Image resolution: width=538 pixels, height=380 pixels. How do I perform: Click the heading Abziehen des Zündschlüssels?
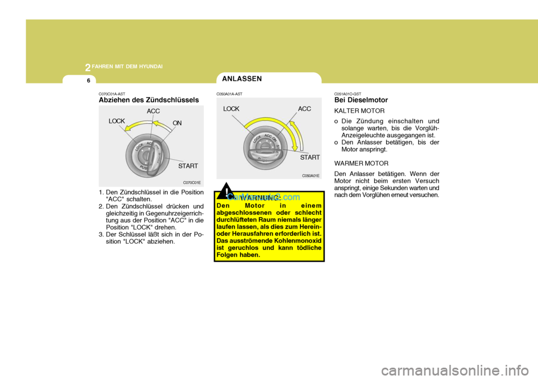pos(149,100)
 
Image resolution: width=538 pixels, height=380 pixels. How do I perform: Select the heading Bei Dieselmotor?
pos(361,100)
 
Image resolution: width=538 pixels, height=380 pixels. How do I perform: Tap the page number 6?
pos(89,81)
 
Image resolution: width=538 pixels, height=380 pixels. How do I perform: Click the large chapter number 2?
pos(88,68)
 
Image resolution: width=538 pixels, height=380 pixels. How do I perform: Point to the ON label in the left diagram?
pos(178,122)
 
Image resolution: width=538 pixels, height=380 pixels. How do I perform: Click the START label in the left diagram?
pos(188,166)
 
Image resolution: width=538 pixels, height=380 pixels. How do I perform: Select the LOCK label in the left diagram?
pos(117,121)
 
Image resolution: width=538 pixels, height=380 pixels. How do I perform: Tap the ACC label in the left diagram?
pos(154,111)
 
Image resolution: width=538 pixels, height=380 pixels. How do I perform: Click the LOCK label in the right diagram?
pos(231,109)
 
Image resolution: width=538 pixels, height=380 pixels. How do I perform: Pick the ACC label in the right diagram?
pos(305,109)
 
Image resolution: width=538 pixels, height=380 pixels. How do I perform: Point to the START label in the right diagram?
pos(309,158)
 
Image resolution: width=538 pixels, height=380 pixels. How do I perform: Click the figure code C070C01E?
pos(192,183)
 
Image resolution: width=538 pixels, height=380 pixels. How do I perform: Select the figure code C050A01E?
pos(310,175)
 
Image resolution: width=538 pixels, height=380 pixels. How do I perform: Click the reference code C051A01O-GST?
pos(348,94)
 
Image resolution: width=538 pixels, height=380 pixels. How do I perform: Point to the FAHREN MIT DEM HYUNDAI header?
pos(128,67)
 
